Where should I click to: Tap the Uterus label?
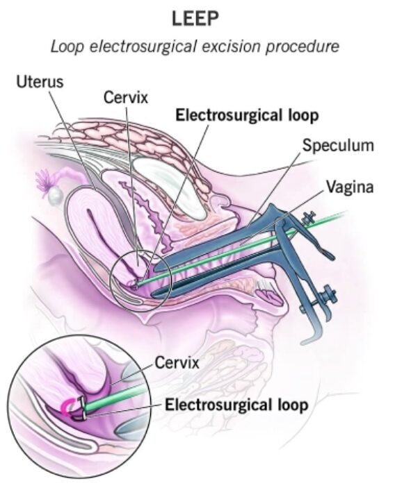pos(40,82)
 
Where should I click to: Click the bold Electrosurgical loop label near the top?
pos(247,115)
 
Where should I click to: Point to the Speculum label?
pos(338,146)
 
